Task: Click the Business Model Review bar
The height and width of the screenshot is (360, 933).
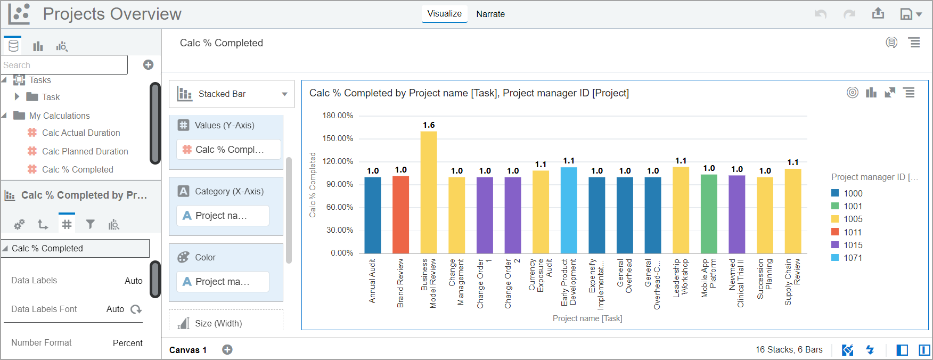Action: coord(429,192)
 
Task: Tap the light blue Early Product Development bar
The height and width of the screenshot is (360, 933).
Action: coord(569,210)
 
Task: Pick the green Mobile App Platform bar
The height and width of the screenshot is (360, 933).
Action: coord(709,214)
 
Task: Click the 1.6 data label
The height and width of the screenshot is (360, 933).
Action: coord(429,125)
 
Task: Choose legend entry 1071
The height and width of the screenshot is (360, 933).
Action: coord(853,258)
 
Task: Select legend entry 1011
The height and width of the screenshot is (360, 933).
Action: coord(853,232)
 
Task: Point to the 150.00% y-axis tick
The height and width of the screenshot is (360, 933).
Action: coord(338,138)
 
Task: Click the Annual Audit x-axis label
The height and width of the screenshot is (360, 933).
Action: coord(372,281)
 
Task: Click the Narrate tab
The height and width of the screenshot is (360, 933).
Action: coord(490,14)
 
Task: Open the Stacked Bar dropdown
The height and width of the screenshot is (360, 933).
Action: coord(232,94)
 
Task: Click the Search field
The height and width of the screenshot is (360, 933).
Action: coord(64,65)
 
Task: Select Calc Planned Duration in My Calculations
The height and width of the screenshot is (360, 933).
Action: coord(85,151)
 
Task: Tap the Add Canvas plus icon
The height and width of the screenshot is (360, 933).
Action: coord(227,350)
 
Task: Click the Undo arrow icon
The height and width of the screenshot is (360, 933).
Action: coord(820,14)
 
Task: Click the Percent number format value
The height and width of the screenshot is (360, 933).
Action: coord(127,343)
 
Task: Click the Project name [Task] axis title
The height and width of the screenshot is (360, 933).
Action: coord(587,318)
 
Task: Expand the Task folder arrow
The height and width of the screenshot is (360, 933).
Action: coord(17,97)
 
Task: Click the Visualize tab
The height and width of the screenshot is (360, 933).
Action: coord(444,14)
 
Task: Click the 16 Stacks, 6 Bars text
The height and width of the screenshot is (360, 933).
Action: coord(789,350)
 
